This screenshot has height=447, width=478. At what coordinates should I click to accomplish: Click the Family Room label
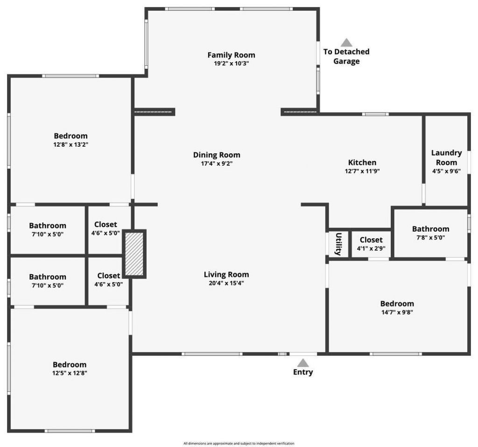[231, 55]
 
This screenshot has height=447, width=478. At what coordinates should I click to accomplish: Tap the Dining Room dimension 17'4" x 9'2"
[217, 164]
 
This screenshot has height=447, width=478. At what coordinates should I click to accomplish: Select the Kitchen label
[362, 163]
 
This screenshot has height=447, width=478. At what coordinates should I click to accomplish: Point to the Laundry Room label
[446, 157]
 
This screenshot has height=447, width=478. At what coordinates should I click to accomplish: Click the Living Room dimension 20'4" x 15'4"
[226, 283]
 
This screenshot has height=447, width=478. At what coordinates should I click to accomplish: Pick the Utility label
[338, 243]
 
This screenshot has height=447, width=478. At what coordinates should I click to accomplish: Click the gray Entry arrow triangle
[303, 362]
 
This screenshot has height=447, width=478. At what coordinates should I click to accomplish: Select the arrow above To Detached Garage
[346, 43]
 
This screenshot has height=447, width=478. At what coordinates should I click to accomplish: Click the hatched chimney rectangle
[134, 254]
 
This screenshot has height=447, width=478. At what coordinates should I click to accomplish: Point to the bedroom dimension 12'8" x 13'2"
[70, 145]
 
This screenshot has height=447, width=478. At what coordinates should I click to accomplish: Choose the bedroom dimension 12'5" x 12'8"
[70, 373]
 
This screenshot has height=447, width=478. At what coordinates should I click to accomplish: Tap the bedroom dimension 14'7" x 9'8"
[397, 312]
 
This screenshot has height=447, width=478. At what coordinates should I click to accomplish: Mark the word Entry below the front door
[303, 372]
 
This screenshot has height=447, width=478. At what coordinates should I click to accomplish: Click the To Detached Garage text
[346, 57]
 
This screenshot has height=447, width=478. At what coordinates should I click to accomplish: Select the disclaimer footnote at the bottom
[239, 443]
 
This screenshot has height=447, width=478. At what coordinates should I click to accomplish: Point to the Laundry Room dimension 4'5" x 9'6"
[446, 171]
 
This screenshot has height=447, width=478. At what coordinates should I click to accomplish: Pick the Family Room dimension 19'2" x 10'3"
[231, 64]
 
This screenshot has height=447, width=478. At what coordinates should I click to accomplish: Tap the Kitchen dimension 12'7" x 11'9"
[362, 171]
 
